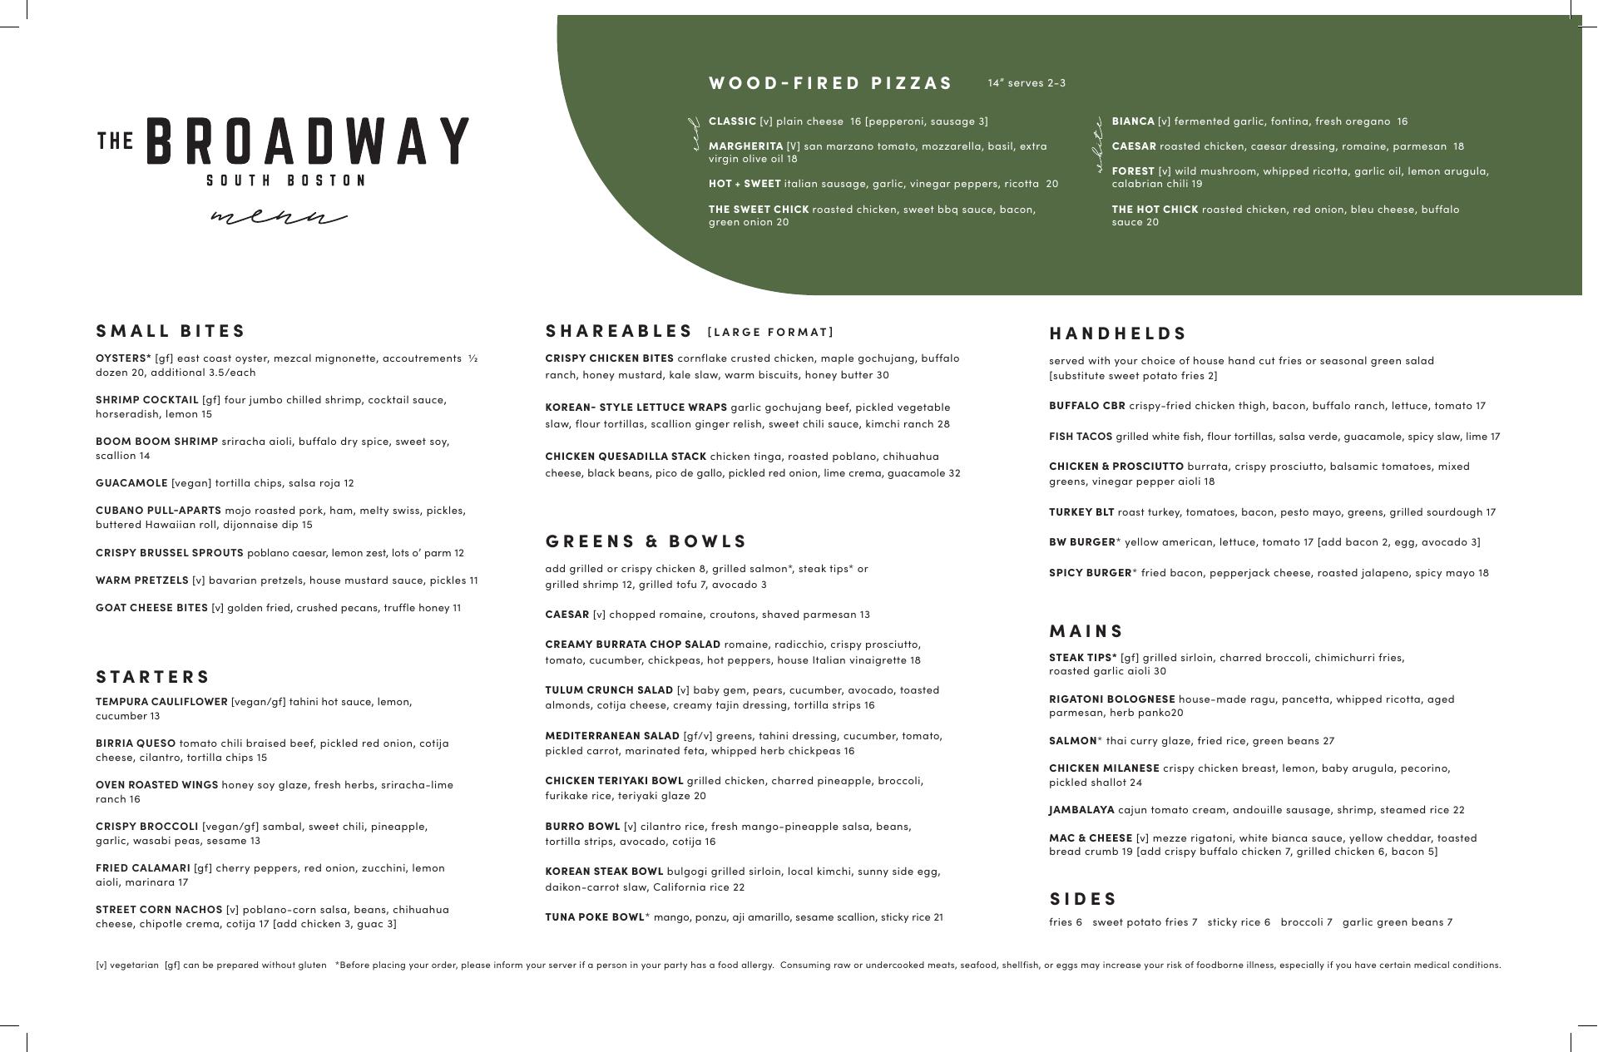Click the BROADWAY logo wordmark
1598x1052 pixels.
(x=308, y=141)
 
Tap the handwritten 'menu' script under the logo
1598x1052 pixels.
(x=278, y=218)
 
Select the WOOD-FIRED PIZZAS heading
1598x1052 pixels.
(x=830, y=83)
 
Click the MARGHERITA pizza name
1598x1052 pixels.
(x=745, y=146)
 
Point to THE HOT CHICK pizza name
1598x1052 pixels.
(x=1155, y=210)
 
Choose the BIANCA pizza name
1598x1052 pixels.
(x=1133, y=121)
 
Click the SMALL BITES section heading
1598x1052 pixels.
(x=171, y=331)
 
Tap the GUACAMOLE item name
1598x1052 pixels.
(x=131, y=483)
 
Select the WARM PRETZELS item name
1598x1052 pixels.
(x=141, y=580)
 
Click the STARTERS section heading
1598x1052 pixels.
(x=153, y=677)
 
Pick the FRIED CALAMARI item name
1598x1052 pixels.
(x=143, y=868)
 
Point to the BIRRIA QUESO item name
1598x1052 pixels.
(x=136, y=743)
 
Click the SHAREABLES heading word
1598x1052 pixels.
(x=619, y=331)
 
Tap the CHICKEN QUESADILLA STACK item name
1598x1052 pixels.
(x=626, y=457)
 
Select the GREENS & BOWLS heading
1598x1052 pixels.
(x=646, y=541)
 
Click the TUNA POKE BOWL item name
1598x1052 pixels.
(x=595, y=917)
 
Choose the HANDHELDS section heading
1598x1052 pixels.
(x=1117, y=333)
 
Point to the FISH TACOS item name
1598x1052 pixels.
(x=1080, y=437)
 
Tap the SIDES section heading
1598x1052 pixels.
(x=1083, y=899)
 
